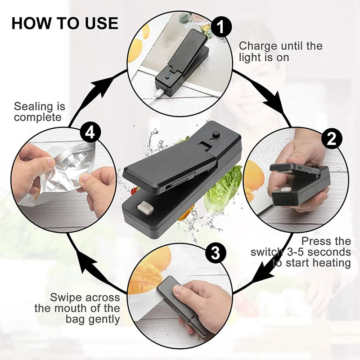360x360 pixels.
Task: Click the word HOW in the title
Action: [28, 23]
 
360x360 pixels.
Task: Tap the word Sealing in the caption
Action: [32, 107]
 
